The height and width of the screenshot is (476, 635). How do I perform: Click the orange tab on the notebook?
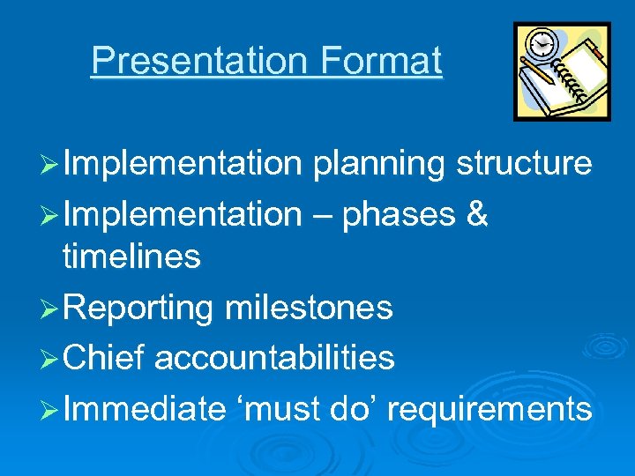tap(597, 55)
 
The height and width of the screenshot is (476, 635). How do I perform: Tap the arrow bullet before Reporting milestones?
tap(51, 309)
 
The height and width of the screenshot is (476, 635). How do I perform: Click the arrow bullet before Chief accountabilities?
tap(51, 359)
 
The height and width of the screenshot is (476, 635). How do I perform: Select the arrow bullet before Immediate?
tap(51, 409)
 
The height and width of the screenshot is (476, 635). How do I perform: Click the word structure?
tap(524, 164)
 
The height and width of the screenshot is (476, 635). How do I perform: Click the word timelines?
tap(131, 257)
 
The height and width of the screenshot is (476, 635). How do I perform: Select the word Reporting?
tap(138, 309)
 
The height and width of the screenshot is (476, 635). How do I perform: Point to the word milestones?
tap(309, 309)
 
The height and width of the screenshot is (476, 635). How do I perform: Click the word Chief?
tap(105, 358)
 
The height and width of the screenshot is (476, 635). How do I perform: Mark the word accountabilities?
tap(274, 358)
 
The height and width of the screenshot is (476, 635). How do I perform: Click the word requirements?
tap(489, 409)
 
